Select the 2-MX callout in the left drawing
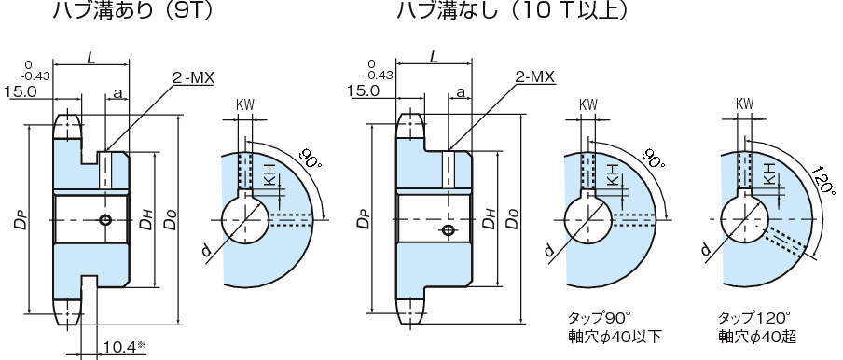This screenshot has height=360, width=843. click(192, 78)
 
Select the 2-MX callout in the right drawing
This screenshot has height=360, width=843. click(535, 78)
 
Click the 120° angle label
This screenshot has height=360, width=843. click(823, 181)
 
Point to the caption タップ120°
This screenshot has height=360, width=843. click(754, 316)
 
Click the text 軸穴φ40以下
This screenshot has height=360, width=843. click(615, 337)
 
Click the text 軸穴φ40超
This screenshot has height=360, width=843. click(757, 337)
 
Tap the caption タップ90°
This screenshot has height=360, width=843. click(601, 316)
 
